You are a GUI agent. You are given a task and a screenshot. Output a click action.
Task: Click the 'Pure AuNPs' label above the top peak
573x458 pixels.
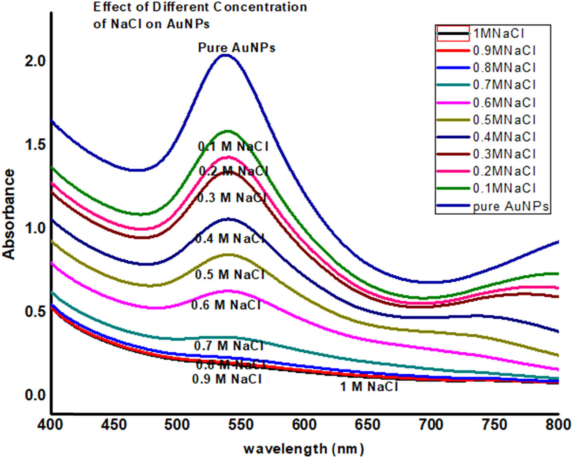[237, 48]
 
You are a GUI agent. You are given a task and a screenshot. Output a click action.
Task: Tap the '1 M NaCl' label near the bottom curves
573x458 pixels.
[369, 387]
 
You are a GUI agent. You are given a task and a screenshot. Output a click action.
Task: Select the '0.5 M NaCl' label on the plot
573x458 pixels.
[230, 274]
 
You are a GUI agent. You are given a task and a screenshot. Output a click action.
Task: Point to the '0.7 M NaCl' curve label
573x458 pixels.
[229, 346]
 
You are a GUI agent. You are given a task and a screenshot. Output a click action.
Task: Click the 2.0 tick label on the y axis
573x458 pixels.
[35, 61]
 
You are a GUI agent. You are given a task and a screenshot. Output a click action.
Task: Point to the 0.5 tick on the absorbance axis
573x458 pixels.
[35, 311]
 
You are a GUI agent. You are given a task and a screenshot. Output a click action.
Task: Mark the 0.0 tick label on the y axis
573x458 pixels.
[35, 395]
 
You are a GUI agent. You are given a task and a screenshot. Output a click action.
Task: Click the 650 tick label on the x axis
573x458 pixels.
[368, 425]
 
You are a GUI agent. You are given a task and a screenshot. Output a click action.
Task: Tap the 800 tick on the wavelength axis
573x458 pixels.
[558, 425]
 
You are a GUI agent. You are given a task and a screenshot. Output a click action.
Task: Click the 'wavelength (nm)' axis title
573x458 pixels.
[304, 449]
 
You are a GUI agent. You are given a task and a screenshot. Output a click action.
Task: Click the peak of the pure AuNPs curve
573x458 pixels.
[226, 55]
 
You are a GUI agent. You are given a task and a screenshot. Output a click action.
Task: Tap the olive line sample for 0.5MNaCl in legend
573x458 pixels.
[453, 120]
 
